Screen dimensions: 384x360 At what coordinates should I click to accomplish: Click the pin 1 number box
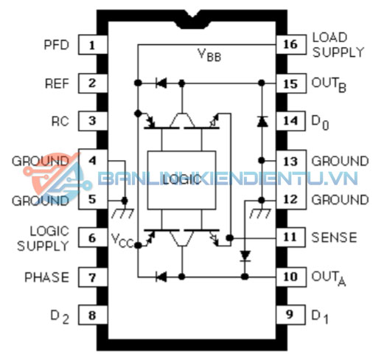[x=93, y=45]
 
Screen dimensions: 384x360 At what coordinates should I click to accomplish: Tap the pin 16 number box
[x=291, y=44]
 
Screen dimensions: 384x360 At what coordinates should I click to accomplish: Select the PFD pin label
[x=56, y=45]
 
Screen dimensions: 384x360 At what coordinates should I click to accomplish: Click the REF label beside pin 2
[x=57, y=83]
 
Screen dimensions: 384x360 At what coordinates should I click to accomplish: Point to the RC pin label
[x=60, y=122]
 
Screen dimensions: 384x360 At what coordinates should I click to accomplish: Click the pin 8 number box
[x=93, y=315]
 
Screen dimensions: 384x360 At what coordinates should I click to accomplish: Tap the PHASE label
[x=46, y=277]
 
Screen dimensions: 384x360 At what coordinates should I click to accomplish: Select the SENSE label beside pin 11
[x=334, y=238]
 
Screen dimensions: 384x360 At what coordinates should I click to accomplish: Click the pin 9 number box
[x=290, y=314]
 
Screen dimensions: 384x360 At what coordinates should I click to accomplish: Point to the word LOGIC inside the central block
[x=181, y=180]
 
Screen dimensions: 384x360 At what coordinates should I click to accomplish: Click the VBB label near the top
[x=209, y=55]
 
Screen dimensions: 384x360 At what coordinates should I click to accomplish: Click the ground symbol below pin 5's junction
[x=123, y=213]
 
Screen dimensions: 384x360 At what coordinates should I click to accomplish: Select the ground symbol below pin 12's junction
[x=260, y=213]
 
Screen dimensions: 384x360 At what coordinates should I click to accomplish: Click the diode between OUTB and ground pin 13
[x=262, y=122]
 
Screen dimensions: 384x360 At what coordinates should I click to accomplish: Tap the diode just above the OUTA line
[x=245, y=256]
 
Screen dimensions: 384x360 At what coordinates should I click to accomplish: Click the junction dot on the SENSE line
[x=230, y=238]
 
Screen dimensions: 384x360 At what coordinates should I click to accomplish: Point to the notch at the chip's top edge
[x=192, y=20]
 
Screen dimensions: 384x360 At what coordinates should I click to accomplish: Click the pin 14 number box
[x=291, y=121]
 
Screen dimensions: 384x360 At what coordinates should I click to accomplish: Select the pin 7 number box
[x=93, y=277]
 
